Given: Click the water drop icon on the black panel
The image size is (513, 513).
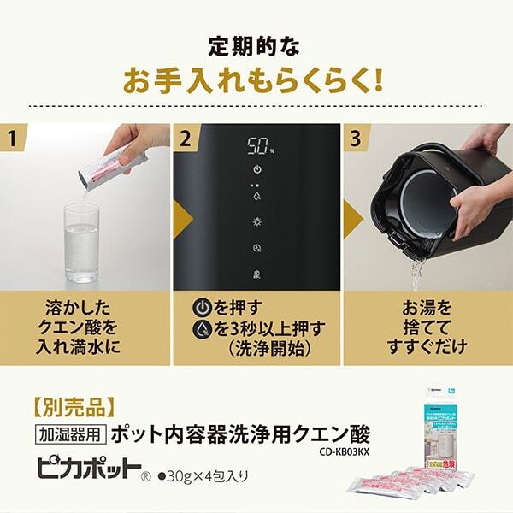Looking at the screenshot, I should [x=256, y=195].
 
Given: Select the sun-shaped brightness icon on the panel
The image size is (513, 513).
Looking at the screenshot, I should [x=256, y=221].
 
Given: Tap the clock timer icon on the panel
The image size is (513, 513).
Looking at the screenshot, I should [x=256, y=248].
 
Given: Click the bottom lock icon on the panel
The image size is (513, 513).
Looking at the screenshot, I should [x=256, y=274].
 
